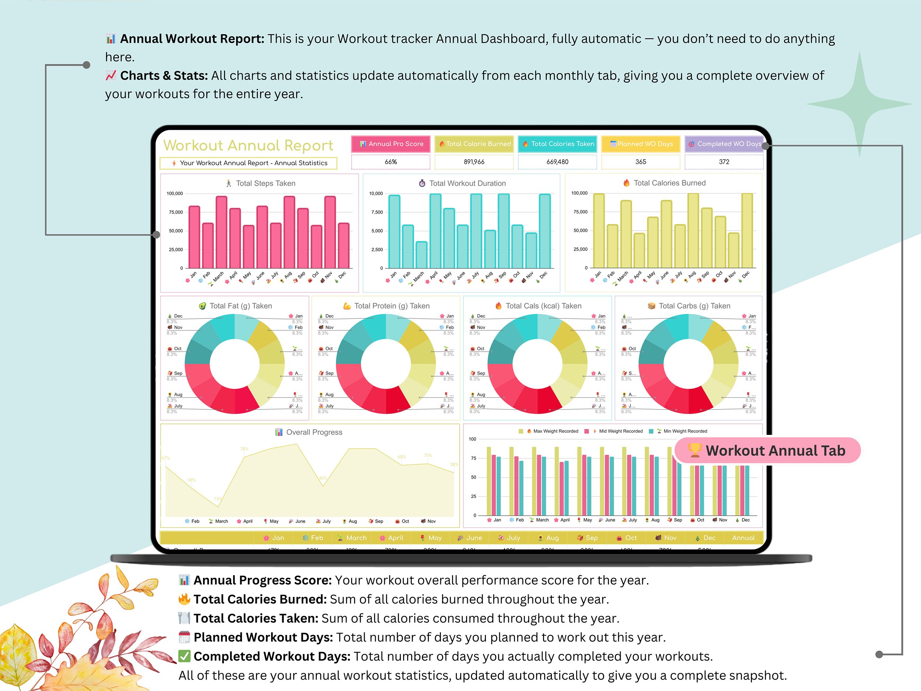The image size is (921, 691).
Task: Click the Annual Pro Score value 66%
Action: click(x=391, y=162)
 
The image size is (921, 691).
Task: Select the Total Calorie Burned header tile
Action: click(x=474, y=144)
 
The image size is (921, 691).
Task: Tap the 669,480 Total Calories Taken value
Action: click(x=557, y=162)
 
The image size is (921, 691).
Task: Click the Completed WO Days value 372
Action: click(x=724, y=162)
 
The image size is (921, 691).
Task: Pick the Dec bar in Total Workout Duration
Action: click(x=544, y=231)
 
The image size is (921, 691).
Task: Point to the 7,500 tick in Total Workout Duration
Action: click(x=377, y=212)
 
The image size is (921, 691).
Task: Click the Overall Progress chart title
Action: click(x=314, y=432)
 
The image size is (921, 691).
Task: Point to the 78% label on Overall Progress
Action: click(x=244, y=449)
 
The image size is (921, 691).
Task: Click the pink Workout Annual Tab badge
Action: click(x=767, y=450)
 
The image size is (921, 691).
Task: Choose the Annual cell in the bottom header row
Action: click(x=743, y=538)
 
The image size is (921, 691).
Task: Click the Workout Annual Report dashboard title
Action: click(x=248, y=145)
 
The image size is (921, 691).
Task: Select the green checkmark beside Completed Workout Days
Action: click(x=185, y=656)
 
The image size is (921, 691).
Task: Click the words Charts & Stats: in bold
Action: click(x=164, y=76)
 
